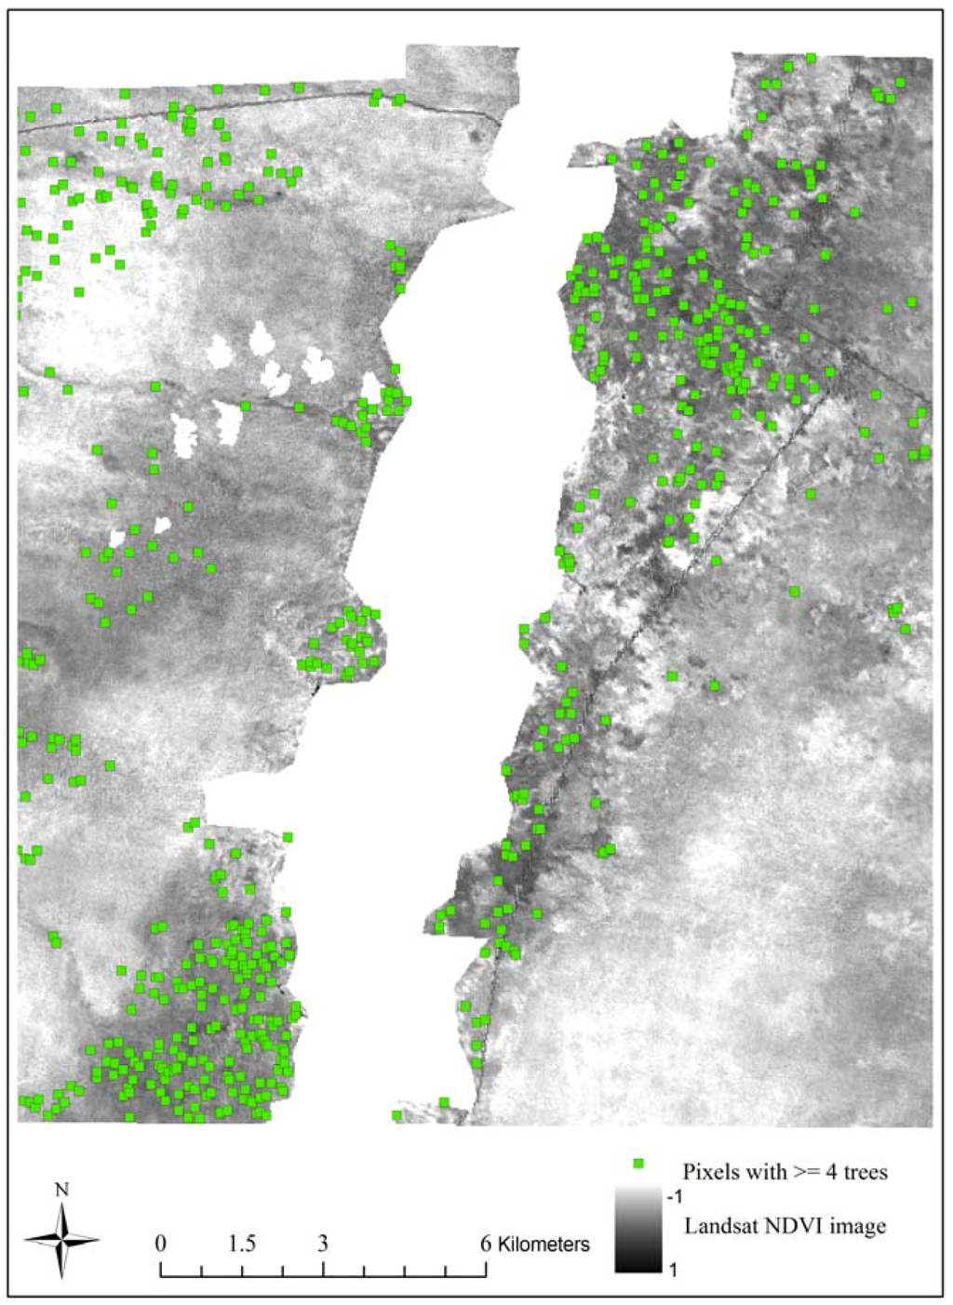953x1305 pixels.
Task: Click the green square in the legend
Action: point(638,1164)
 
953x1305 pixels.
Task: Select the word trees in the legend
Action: point(866,1171)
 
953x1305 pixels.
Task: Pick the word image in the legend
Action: point(854,1226)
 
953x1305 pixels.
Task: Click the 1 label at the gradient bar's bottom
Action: point(674,1265)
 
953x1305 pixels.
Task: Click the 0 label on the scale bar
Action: point(161,1244)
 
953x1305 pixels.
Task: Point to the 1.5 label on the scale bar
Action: point(242,1244)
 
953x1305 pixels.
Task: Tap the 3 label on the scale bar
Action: point(323,1244)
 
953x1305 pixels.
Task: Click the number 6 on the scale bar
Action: point(485,1244)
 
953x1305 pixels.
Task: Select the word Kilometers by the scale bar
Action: point(544,1244)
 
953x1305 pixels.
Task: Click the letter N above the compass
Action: point(61,1190)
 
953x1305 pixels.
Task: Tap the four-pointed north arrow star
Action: point(61,1239)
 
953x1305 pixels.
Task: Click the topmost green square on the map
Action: point(811,59)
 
